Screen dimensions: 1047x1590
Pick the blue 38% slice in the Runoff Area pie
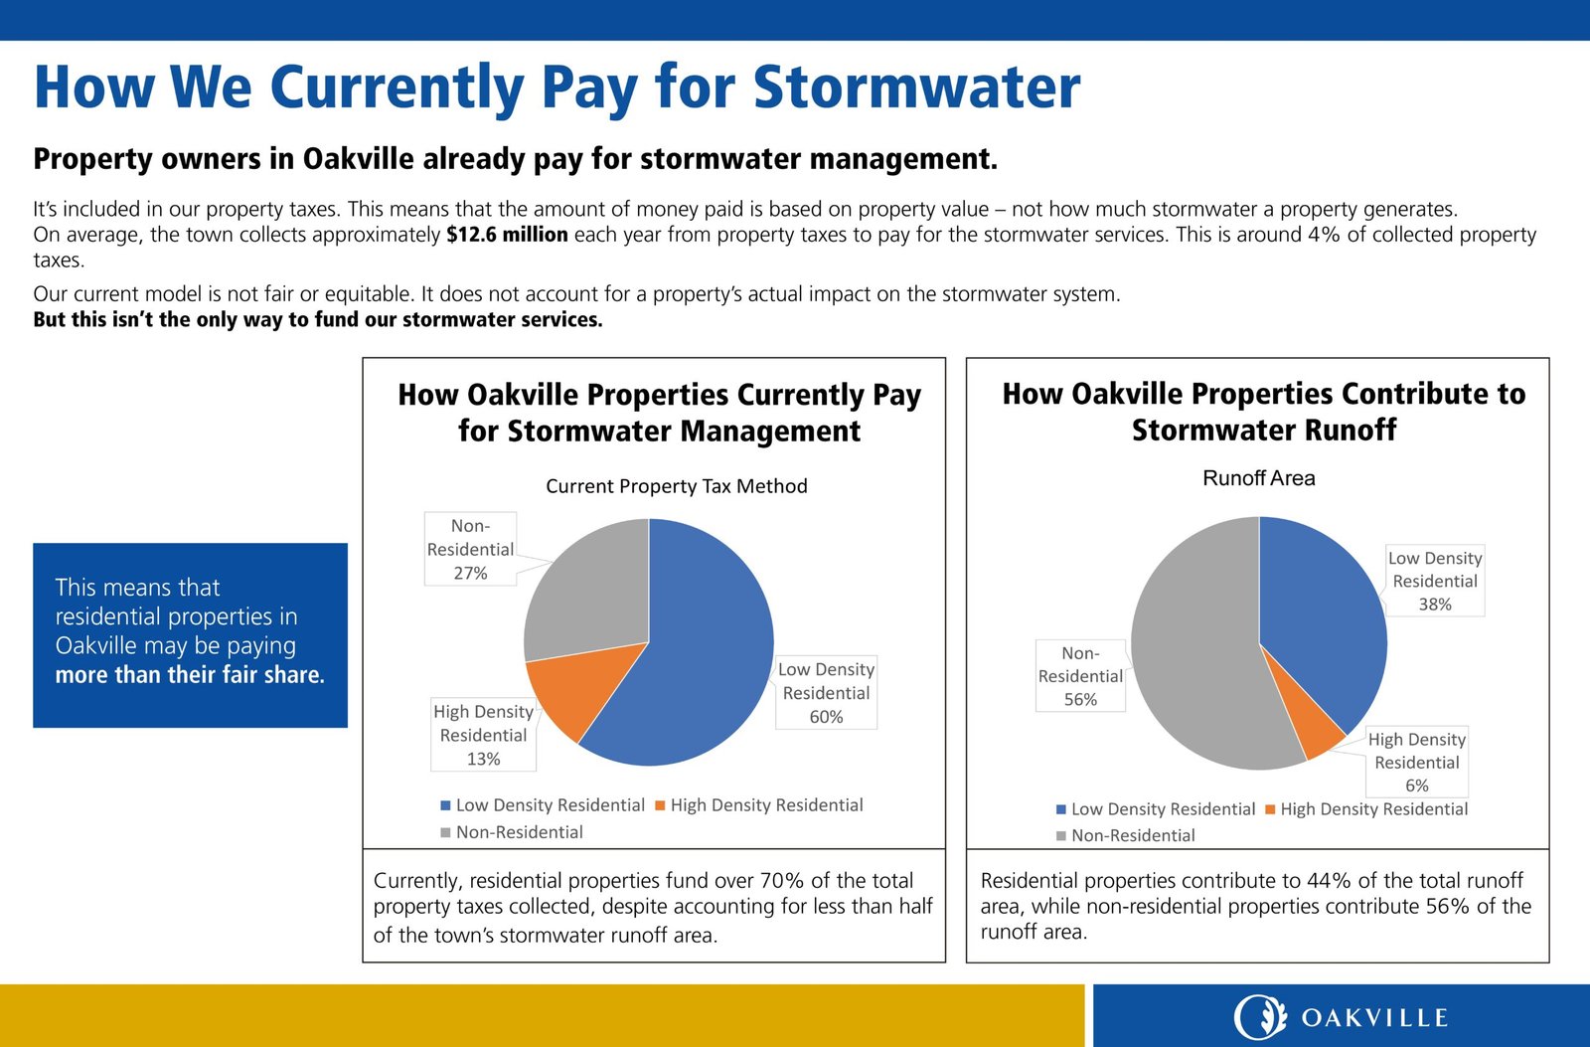(x=1322, y=626)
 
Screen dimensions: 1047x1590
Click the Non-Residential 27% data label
(x=470, y=549)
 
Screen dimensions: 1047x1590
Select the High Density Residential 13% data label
(x=484, y=735)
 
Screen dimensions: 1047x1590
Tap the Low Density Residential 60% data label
(x=826, y=693)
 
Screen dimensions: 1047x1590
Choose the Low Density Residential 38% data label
(x=1435, y=581)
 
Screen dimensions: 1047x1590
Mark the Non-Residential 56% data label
(x=1080, y=676)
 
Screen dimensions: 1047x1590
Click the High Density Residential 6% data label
(x=1416, y=762)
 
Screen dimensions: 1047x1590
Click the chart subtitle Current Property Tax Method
(x=676, y=486)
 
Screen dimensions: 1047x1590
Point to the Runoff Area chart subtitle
(x=1258, y=478)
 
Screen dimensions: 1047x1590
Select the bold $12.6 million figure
(x=507, y=235)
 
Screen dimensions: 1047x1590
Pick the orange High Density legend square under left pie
(x=661, y=805)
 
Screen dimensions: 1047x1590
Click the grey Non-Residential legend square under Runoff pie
(x=1061, y=836)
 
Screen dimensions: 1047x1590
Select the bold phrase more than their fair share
(x=190, y=675)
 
